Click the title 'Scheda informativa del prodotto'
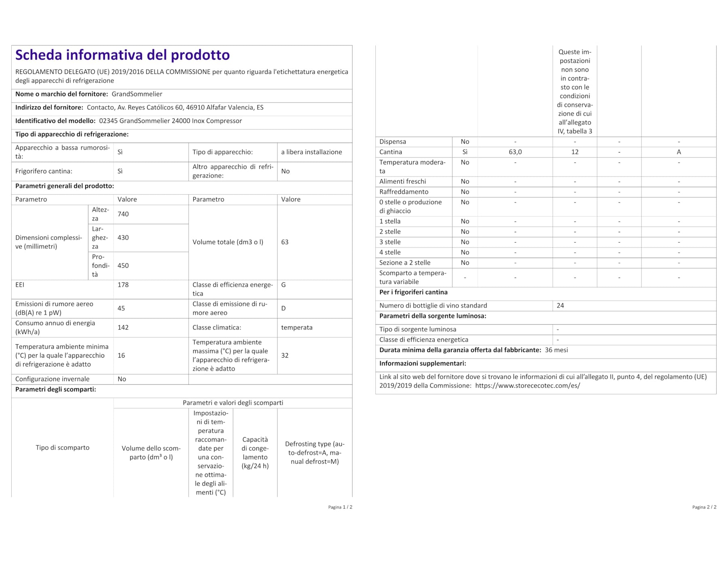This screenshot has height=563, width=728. click(x=123, y=55)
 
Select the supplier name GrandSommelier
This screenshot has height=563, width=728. click(x=137, y=94)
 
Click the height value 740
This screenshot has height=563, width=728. click(x=123, y=214)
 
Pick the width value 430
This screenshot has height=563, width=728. click(x=123, y=238)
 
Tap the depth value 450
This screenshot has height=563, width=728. click(x=123, y=266)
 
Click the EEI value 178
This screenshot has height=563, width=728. click(x=123, y=285)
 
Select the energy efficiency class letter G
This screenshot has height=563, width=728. click(x=284, y=285)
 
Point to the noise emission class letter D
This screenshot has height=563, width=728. click(x=284, y=308)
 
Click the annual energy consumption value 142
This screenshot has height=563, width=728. click(x=123, y=327)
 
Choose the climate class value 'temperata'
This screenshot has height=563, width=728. click(x=297, y=327)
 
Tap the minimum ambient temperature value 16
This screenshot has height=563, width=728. click(x=121, y=355)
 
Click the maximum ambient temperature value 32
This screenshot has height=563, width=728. click(x=285, y=355)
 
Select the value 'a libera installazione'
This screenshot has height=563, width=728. click(x=311, y=152)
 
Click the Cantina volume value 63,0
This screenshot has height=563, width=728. click(x=515, y=152)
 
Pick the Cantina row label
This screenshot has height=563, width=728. click(x=391, y=152)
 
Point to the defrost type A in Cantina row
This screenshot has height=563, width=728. click(x=679, y=152)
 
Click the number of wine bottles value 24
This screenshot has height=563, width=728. click(x=560, y=305)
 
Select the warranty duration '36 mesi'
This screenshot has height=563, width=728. click(x=556, y=350)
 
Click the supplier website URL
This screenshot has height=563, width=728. click(x=527, y=385)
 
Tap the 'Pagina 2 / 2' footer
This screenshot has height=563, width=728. click(x=704, y=507)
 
